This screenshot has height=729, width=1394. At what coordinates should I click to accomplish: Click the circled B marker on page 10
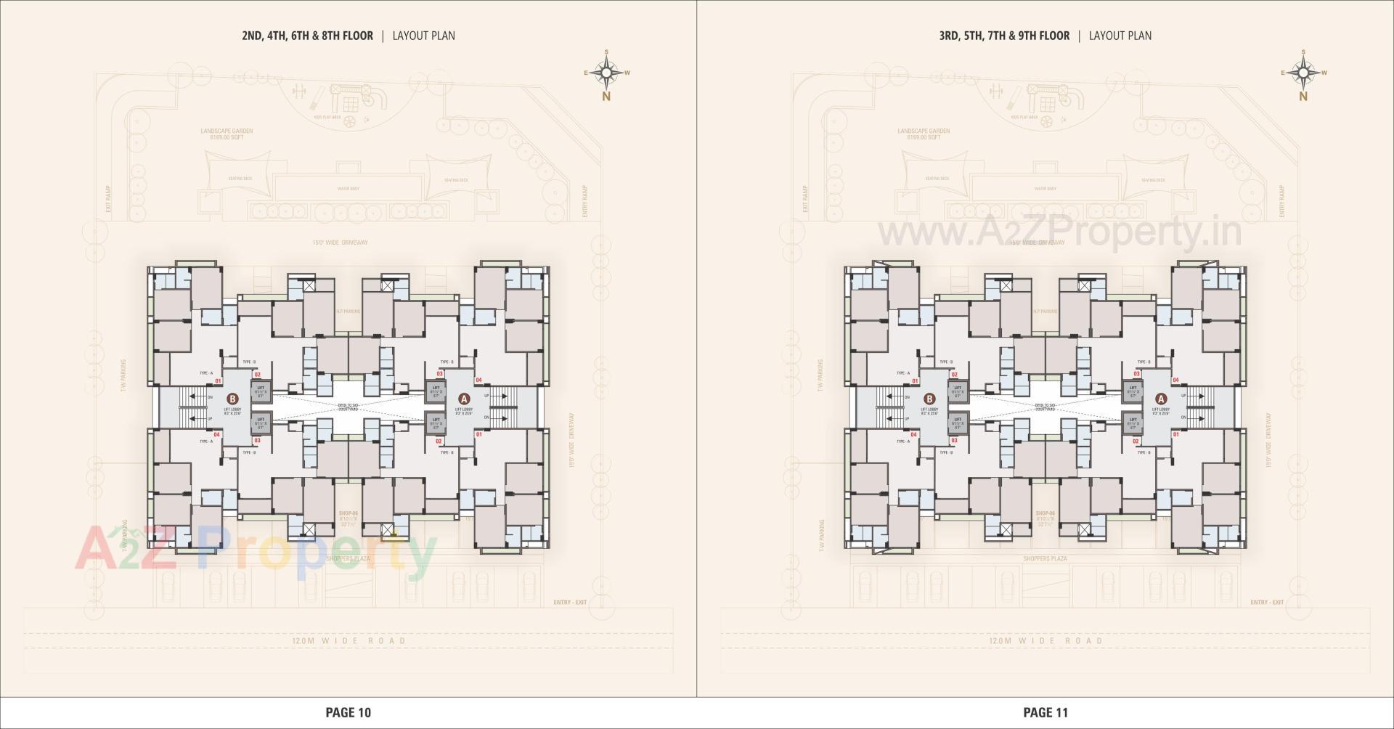[232, 399]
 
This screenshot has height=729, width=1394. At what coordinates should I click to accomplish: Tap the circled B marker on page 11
[929, 399]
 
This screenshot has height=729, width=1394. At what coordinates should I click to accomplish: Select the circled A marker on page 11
[1161, 399]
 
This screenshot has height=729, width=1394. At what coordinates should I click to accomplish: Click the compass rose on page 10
[606, 73]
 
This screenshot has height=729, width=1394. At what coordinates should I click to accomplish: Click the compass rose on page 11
[1303, 73]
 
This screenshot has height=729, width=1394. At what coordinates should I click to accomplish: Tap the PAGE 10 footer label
[348, 712]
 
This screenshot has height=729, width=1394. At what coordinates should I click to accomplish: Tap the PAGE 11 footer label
[1045, 712]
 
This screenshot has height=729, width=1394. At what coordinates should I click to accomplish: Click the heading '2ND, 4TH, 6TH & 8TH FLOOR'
[308, 36]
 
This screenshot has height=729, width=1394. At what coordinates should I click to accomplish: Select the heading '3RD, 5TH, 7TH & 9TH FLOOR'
[1004, 36]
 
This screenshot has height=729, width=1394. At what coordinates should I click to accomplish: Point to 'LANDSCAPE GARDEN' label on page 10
[227, 131]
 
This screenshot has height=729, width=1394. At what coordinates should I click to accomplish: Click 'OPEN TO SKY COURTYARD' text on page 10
[348, 407]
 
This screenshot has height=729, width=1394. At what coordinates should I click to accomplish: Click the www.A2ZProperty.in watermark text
[1060, 233]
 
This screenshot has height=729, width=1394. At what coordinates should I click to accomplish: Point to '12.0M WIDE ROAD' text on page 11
[1045, 641]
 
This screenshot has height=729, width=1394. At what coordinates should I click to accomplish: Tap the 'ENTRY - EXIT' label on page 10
[569, 603]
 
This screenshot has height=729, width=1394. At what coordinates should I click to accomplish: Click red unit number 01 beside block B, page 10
[219, 380]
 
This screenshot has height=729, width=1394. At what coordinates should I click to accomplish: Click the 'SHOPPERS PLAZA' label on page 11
[1045, 559]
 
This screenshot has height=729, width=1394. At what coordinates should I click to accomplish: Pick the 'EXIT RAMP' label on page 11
[805, 198]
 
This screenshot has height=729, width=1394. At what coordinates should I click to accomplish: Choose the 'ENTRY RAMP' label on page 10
[584, 202]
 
